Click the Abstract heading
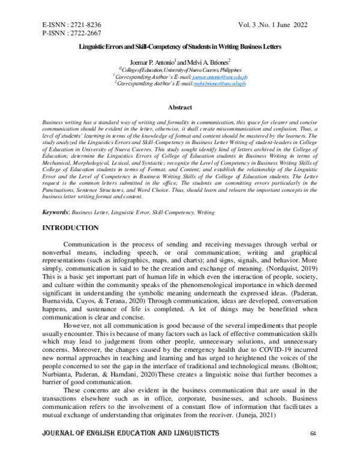[x=179, y=107]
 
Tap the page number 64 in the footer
[x=313, y=451]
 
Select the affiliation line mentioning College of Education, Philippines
[x=179, y=70]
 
